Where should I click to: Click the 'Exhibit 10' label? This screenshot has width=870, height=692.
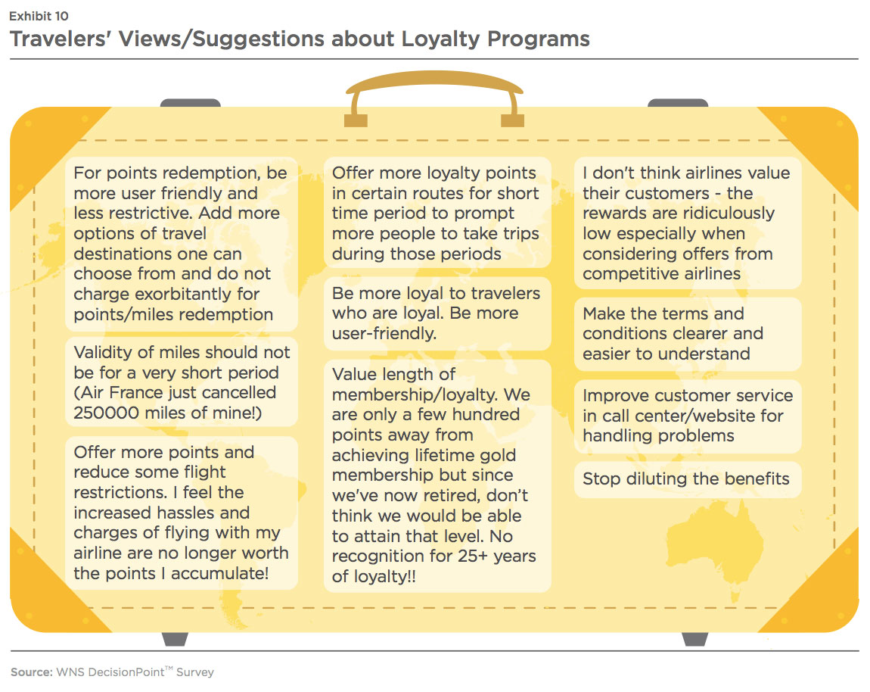[x=39, y=16]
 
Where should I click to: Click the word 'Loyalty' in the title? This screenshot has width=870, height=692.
[x=440, y=39]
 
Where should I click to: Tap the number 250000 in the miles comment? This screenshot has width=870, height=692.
[x=106, y=413]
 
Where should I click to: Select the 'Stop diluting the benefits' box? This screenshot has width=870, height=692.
[x=688, y=479]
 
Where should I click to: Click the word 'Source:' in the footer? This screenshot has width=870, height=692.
[x=32, y=672]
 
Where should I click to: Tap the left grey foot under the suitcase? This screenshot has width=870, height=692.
[x=175, y=639]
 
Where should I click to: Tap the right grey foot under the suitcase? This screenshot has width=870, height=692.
[x=694, y=639]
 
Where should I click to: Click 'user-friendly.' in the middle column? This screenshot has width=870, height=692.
[x=384, y=333]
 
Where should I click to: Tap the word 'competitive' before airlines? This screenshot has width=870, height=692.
[x=627, y=274]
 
